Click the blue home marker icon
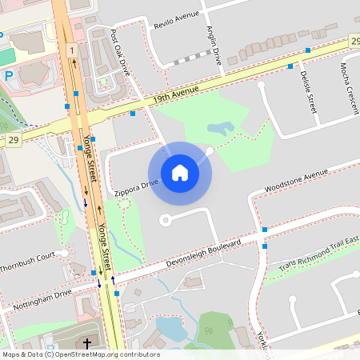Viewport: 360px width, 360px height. click(x=180, y=173)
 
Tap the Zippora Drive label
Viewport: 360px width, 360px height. click(x=136, y=187)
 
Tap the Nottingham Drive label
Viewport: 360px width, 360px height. click(x=42, y=298)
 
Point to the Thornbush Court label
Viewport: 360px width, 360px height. click(x=27, y=262)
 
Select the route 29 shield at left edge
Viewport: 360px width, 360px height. click(x=13, y=139)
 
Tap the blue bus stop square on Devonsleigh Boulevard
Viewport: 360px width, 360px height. click(x=264, y=230)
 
